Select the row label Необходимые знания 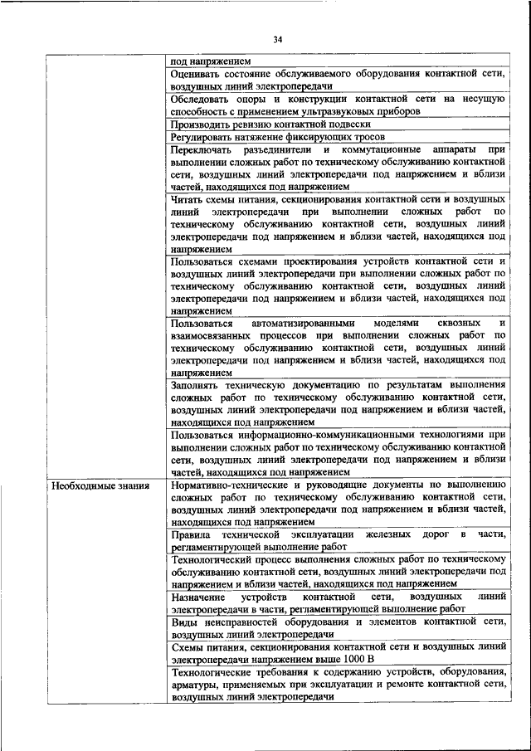point(98,486)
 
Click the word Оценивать point(197,74)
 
